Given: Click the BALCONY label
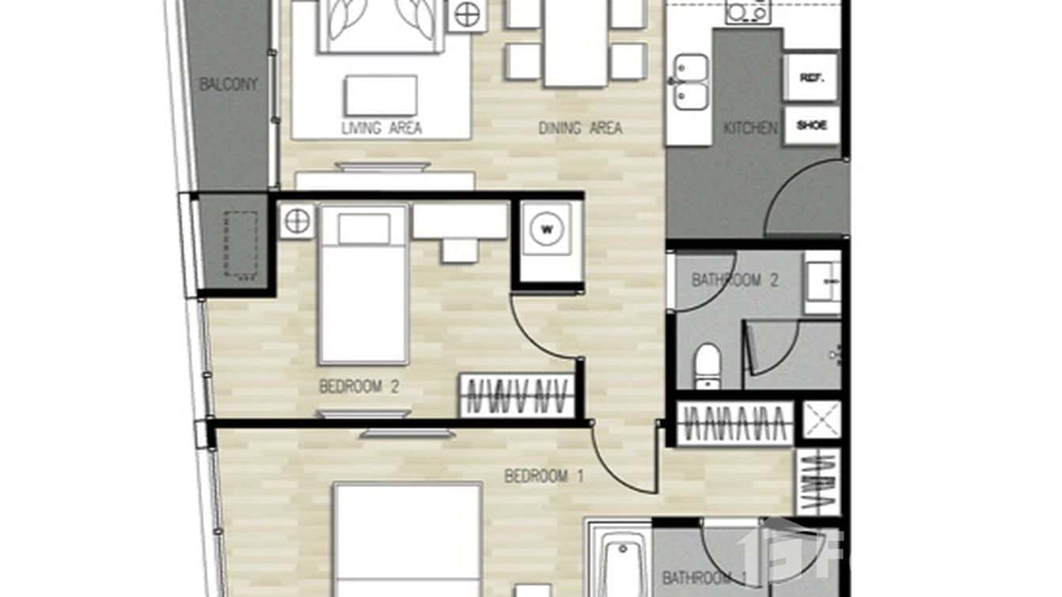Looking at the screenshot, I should pos(228,85).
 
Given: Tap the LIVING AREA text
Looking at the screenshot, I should pos(381,127).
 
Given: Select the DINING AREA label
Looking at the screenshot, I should pos(580,127).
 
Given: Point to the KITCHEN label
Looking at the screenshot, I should pos(750,127).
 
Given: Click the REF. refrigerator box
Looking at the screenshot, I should pos(810,78).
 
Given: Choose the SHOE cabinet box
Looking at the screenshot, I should pos(811,126).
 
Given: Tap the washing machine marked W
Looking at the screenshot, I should pos(547,230).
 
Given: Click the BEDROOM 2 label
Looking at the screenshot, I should pos(358,387).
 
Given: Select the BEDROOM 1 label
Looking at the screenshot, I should pos(544,477).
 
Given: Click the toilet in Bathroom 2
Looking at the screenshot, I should pos(707,365).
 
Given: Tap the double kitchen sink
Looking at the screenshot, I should pos(690,82).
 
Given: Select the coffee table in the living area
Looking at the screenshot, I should pos(381,96).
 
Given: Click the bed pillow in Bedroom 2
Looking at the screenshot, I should pos(364,229).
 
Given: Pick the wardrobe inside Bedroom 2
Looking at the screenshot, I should pos(518,395).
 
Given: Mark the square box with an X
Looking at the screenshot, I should pos(822,420).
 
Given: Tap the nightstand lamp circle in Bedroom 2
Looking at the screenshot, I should pos(297,221).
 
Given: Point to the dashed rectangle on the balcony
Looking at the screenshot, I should pos(241,244).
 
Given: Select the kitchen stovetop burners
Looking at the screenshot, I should pos(748,12).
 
